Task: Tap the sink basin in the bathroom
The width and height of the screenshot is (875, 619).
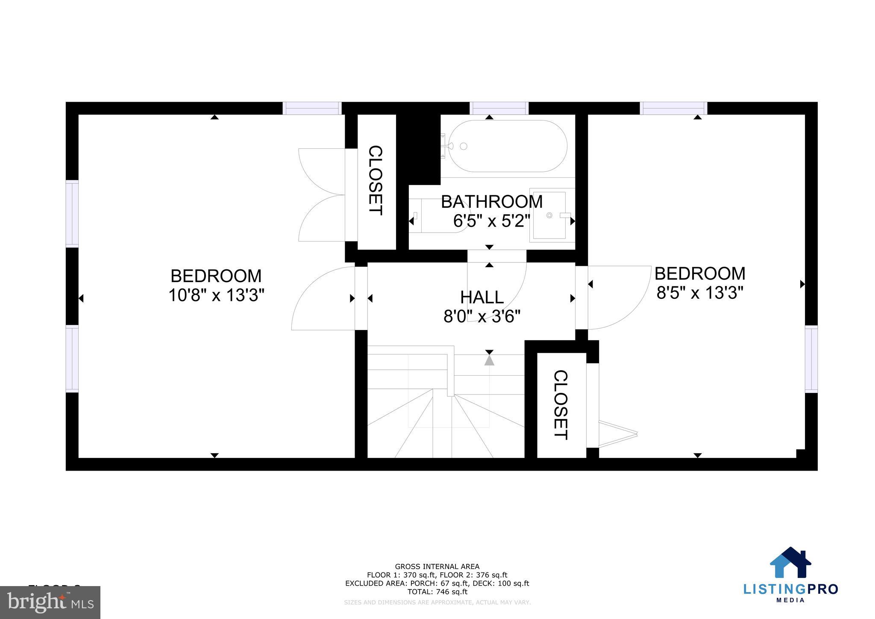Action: (x=549, y=215)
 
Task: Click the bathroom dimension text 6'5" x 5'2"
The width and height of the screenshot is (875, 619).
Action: (x=491, y=221)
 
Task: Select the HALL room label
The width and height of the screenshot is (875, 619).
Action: (x=482, y=297)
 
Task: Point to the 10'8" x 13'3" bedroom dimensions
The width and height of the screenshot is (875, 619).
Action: (x=216, y=295)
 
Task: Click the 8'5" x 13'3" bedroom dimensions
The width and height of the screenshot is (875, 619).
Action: (x=700, y=293)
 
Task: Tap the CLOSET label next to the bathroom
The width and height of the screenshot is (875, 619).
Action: (x=376, y=180)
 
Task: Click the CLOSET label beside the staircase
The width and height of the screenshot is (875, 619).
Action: (x=561, y=404)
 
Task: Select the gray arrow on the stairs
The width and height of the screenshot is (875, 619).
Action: (x=489, y=360)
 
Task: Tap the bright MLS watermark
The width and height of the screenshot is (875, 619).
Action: (x=50, y=602)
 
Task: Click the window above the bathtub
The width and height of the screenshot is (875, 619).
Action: (x=499, y=108)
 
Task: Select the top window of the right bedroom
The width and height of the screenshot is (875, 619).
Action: (x=673, y=108)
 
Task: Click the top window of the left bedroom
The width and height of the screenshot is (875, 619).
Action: (x=312, y=108)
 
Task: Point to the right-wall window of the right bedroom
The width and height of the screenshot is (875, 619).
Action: (x=811, y=359)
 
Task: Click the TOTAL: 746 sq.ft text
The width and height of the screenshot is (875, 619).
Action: (x=437, y=592)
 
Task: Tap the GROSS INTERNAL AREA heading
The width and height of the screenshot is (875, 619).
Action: (x=437, y=567)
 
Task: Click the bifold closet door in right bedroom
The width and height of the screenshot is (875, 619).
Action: (x=617, y=434)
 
